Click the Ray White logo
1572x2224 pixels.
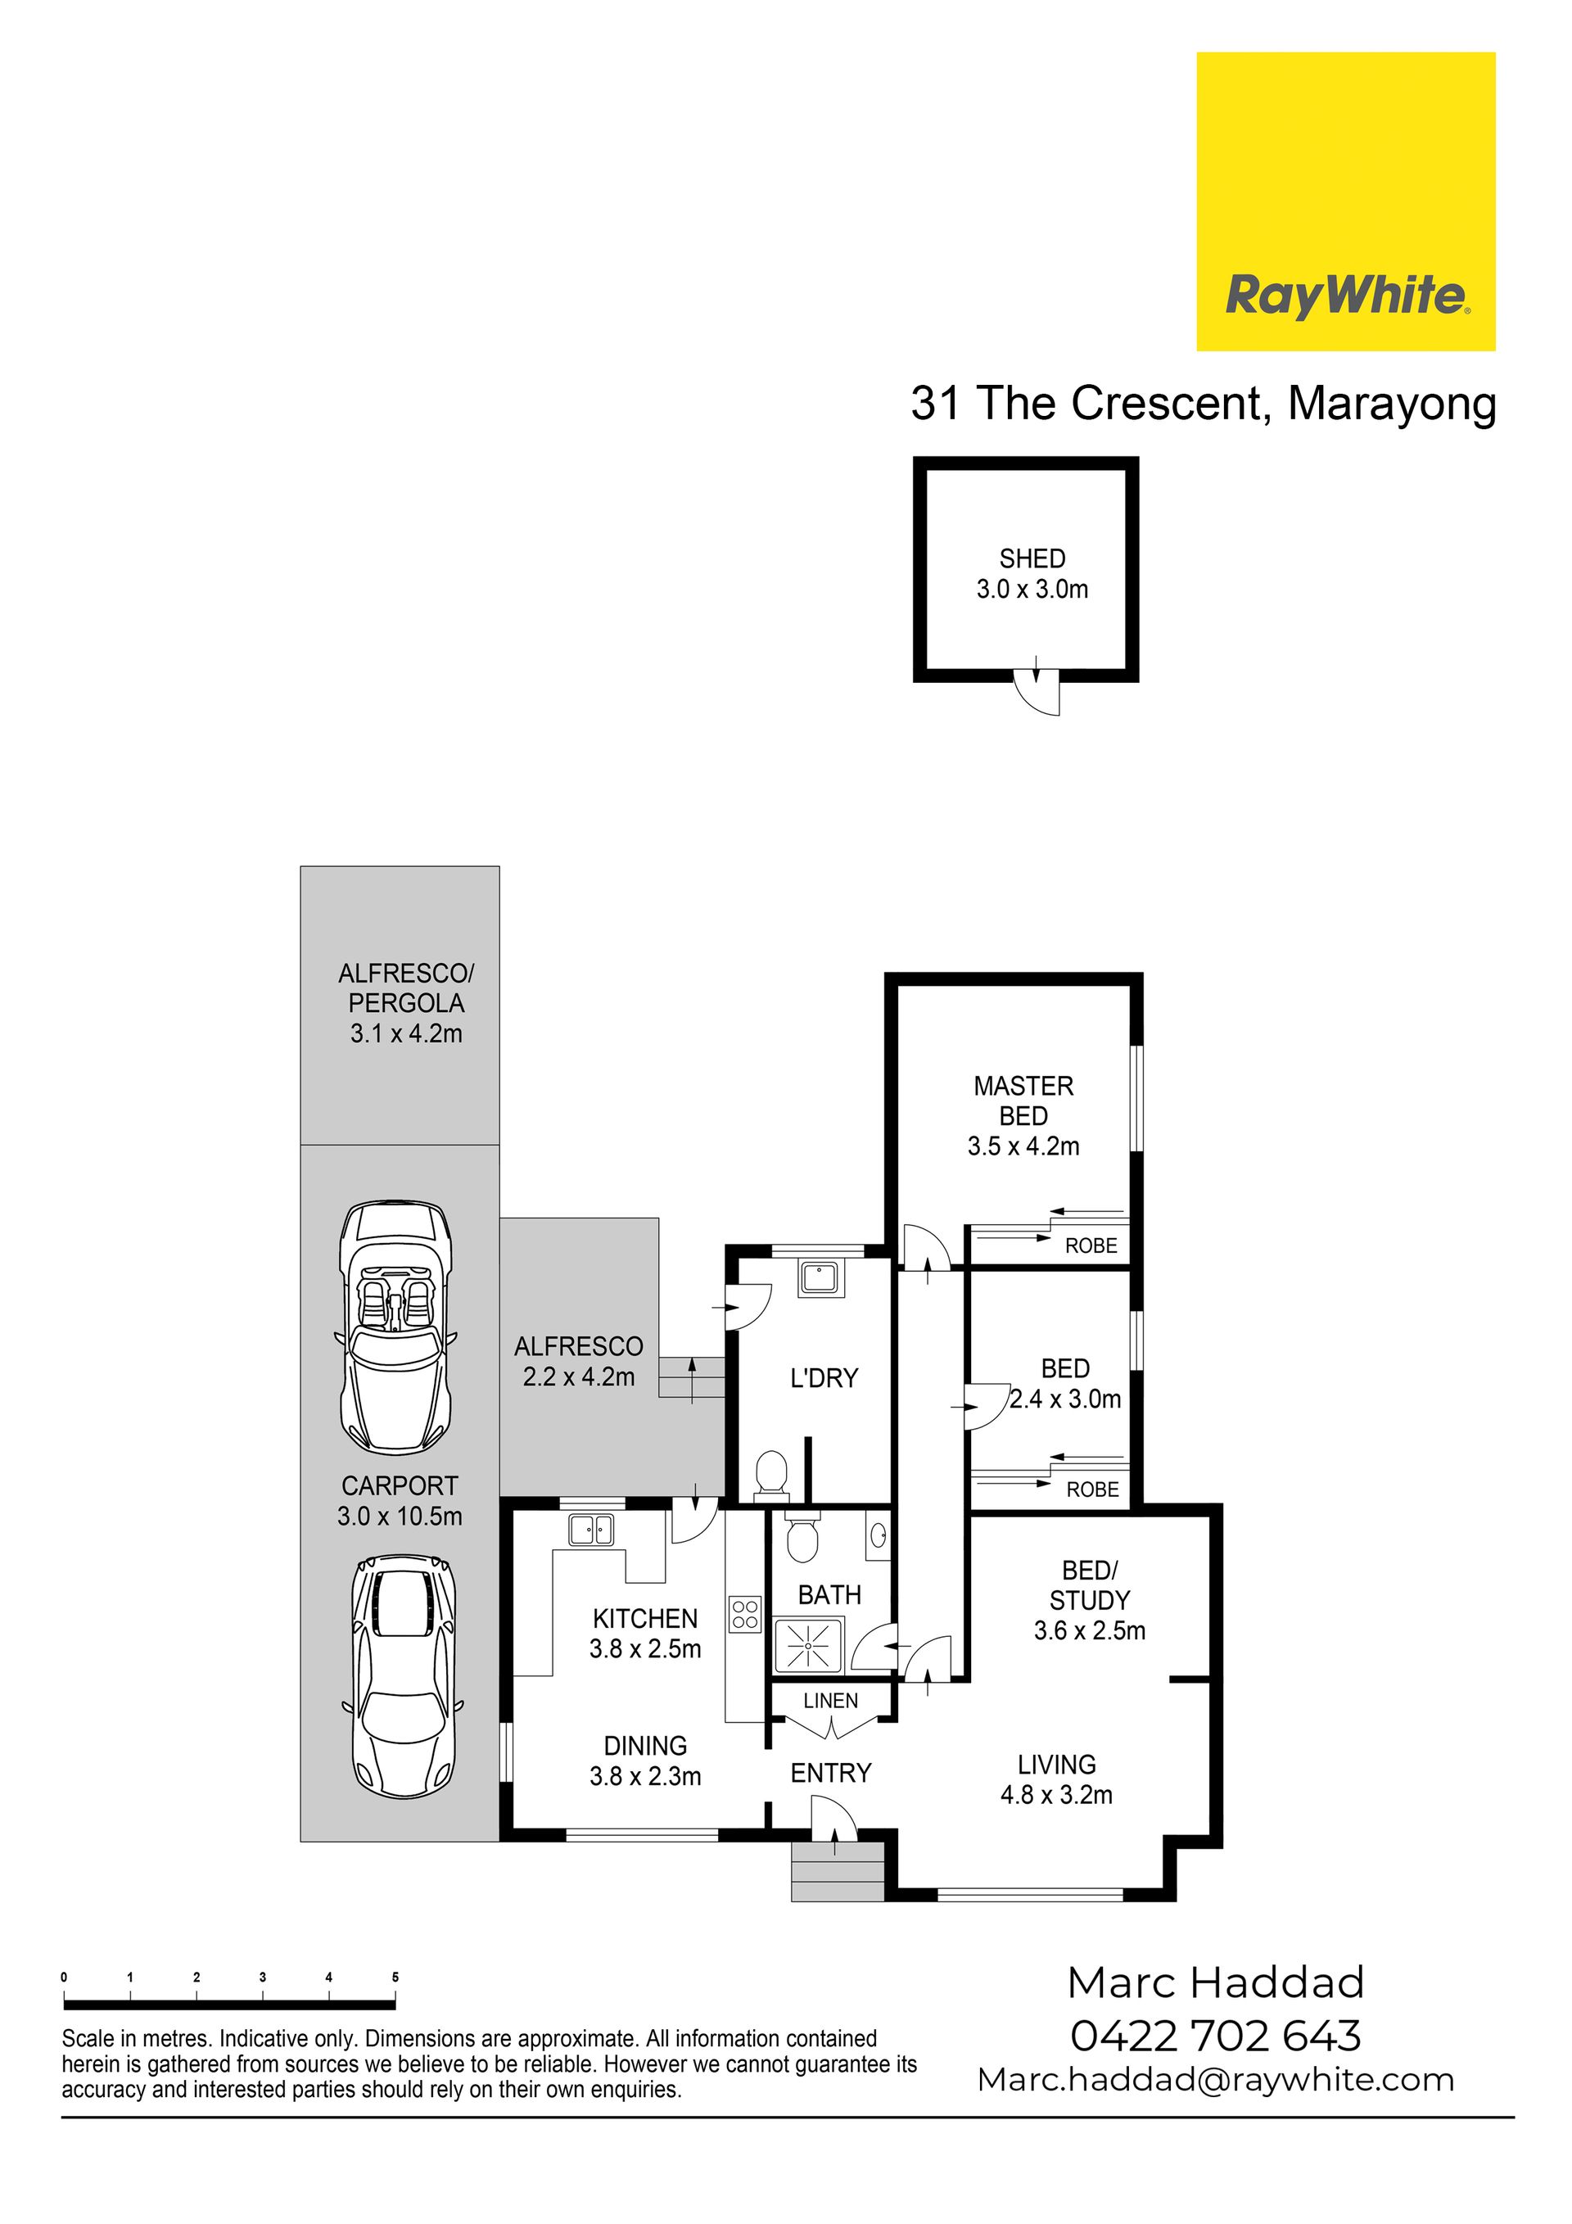coord(1345,201)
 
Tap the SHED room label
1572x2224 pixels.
coord(1032,559)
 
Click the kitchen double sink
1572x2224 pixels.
coord(591,1530)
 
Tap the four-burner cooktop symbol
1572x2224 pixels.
coord(746,1614)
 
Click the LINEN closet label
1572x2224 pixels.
coord(830,1700)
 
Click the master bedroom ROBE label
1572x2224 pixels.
coord(1091,1246)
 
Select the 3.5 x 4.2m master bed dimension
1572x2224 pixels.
coord(1023,1147)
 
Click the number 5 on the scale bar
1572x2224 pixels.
coord(395,1978)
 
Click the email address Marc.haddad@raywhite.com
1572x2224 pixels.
coord(1216,2081)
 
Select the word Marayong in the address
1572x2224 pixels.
coord(1392,405)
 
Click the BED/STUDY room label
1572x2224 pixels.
coord(1090,1584)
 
